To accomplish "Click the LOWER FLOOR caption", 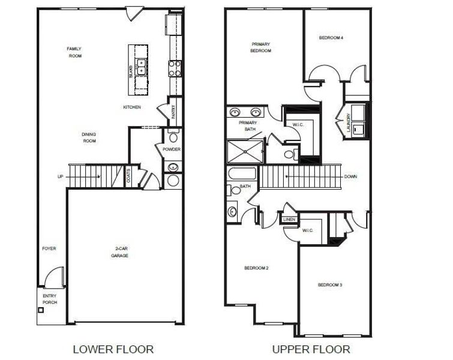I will click(x=113, y=349).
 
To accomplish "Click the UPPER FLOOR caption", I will click(x=311, y=349).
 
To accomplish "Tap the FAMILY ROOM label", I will click(x=74, y=52).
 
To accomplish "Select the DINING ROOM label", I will click(x=89, y=137).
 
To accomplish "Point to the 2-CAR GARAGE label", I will click(x=122, y=252).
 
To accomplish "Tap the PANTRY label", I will click(x=173, y=112).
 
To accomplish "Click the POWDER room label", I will click(x=172, y=149).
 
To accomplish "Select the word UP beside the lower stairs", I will click(x=59, y=177).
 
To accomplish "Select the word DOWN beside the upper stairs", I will click(x=352, y=177).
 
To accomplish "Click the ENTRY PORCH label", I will click(x=50, y=299).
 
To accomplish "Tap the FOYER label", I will click(x=49, y=248).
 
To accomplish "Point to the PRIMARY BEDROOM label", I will click(x=261, y=47).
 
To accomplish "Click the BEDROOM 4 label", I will click(x=331, y=38).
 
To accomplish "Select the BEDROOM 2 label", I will click(x=256, y=268).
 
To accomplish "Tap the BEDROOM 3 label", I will click(x=330, y=284).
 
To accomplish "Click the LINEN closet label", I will click(x=289, y=220).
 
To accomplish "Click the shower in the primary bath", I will click(x=245, y=151).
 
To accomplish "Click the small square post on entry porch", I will click(x=41, y=310).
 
